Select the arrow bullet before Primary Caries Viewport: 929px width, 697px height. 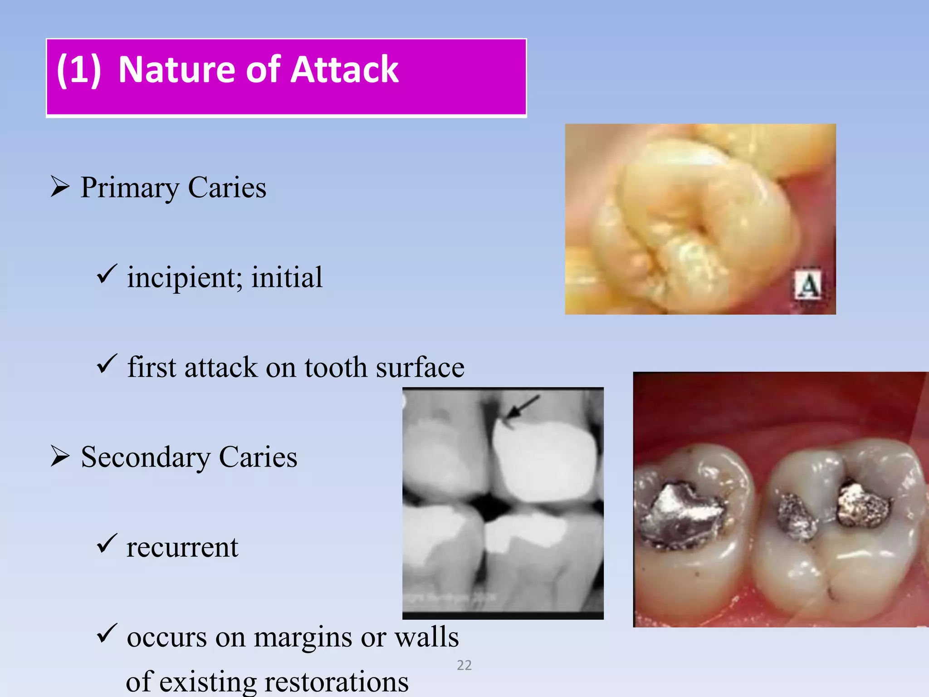60,187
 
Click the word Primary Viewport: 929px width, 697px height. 130,187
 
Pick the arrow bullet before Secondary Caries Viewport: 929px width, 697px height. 60,456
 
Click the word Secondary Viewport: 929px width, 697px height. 145,456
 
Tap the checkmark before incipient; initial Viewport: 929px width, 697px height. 107,274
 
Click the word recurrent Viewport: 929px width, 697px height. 182,547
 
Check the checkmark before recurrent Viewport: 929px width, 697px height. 107,543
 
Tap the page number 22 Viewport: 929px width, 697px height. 464,665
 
